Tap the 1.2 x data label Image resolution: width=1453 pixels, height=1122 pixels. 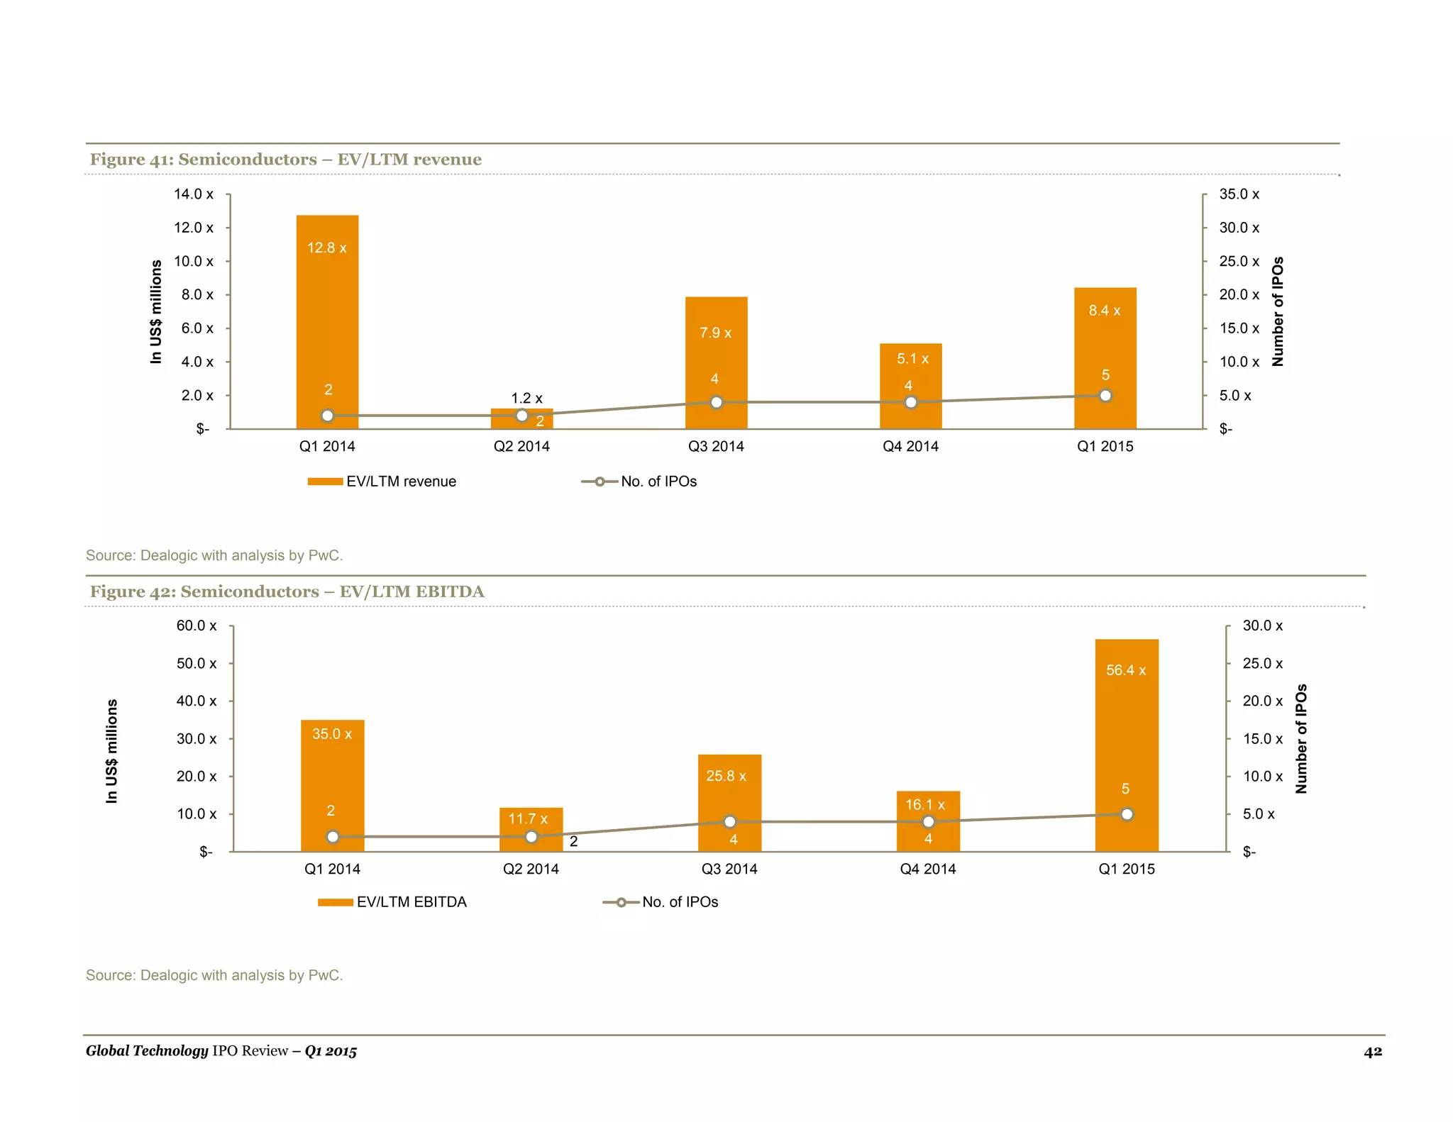[526, 399]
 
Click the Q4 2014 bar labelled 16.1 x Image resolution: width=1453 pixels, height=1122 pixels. [927, 823]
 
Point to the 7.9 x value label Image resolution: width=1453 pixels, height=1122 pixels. [715, 333]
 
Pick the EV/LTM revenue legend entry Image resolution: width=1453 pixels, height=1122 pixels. [383, 482]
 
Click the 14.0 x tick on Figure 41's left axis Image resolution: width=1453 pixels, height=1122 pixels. [193, 194]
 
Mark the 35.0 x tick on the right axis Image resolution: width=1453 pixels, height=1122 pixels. [1239, 194]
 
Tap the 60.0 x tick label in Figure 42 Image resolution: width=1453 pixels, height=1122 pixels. [197, 626]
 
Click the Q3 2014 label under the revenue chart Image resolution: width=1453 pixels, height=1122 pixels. [716, 446]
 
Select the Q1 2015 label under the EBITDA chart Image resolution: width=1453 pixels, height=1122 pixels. [1126, 869]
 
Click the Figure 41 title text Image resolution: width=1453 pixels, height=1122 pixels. [285, 160]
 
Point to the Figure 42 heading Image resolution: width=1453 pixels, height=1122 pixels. [287, 591]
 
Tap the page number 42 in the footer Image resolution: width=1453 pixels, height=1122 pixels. [1372, 1051]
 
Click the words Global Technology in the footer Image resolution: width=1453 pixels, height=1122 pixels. [147, 1050]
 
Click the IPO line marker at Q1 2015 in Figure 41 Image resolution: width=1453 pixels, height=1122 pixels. [1105, 396]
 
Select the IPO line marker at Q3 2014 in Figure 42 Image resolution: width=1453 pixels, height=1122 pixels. [729, 822]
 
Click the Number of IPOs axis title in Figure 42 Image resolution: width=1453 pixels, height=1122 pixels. [1300, 738]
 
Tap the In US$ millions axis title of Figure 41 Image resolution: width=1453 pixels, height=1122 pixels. [156, 312]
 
